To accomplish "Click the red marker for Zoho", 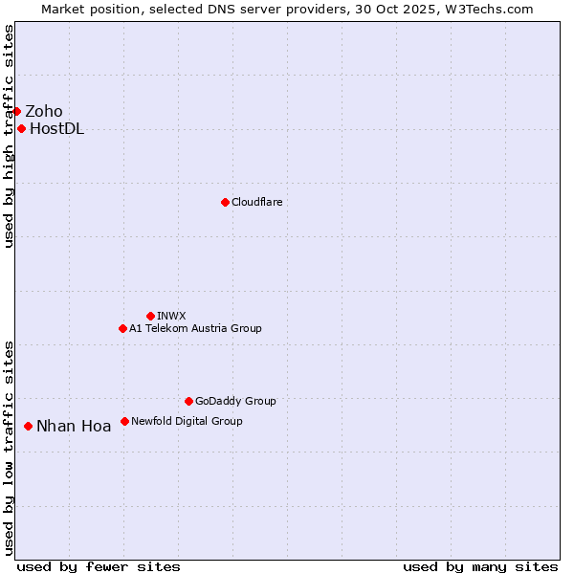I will pos(16,111).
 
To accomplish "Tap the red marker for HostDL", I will pos(21,128).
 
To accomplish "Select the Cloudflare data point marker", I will pos(225,202).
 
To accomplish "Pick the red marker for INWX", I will pos(150,316).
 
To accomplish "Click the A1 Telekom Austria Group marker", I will pos(122,328).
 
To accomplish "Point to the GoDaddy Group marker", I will pos(188,401).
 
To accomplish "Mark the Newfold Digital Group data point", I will pos(124,421).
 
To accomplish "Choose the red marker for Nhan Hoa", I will pos(28,426).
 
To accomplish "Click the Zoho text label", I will pos(44,112).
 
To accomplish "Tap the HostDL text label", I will pos(57,129).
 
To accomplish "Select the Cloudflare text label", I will pos(256,203).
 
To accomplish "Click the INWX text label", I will pos(171,316).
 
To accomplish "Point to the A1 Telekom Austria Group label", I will pos(195,329).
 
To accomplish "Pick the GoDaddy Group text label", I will pos(235,402).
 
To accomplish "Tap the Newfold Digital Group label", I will pos(187,421).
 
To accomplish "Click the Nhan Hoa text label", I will pos(74,427).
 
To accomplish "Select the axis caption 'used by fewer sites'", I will pos(99,566).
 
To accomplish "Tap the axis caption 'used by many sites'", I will pos(480,566).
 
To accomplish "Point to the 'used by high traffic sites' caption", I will pos(9,136).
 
